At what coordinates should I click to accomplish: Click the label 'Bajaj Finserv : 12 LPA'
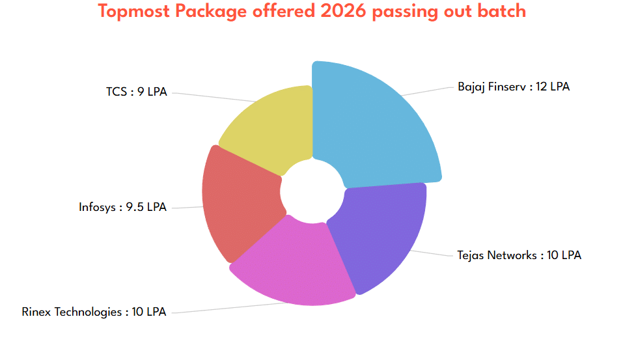pyautogui.click(x=513, y=87)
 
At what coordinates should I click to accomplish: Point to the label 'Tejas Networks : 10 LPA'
pyautogui.click(x=519, y=255)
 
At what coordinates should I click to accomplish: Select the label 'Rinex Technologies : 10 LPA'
pyautogui.click(x=94, y=312)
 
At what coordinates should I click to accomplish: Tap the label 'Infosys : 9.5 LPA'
pyautogui.click(x=122, y=207)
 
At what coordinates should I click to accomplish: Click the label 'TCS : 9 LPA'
pyautogui.click(x=137, y=92)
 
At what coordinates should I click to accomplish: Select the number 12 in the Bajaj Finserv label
pyautogui.click(x=541, y=87)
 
